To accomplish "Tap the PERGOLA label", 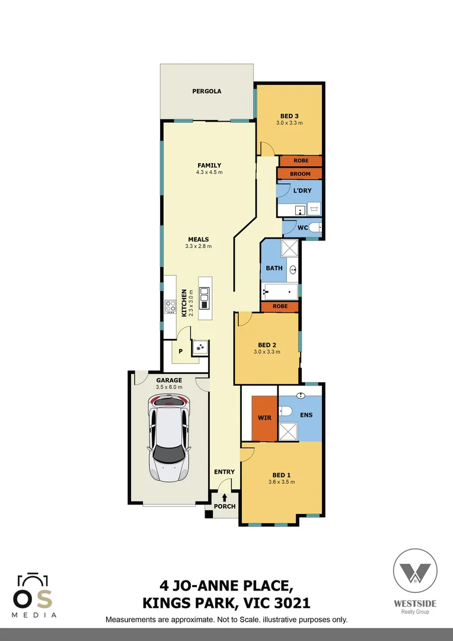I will coord(206,91).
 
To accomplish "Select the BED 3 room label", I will coord(289,116).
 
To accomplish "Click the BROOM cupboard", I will coord(300,174).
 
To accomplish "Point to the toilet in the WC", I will coord(316,227).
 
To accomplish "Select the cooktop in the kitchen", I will coord(170,307).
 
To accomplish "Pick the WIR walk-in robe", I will coord(264,418).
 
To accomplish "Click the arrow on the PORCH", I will coord(225,497).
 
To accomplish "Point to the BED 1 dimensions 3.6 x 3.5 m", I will coord(282,482).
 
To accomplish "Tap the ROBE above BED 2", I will coord(280,306).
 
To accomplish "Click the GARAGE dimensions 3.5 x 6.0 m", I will coord(168,387).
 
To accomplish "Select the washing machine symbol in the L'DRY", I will coord(314,208).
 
